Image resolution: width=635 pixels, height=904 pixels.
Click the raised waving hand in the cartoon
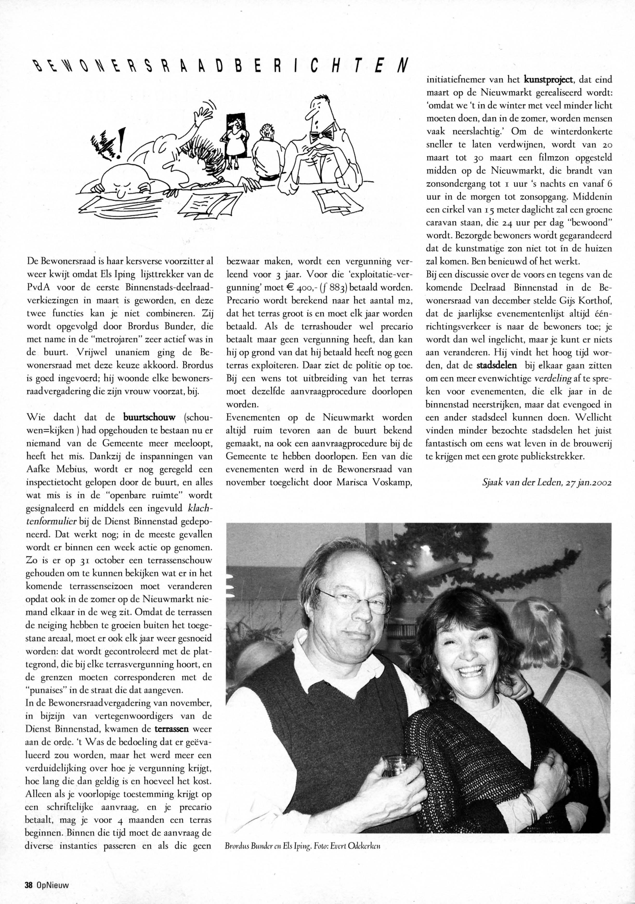pos(204,111)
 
